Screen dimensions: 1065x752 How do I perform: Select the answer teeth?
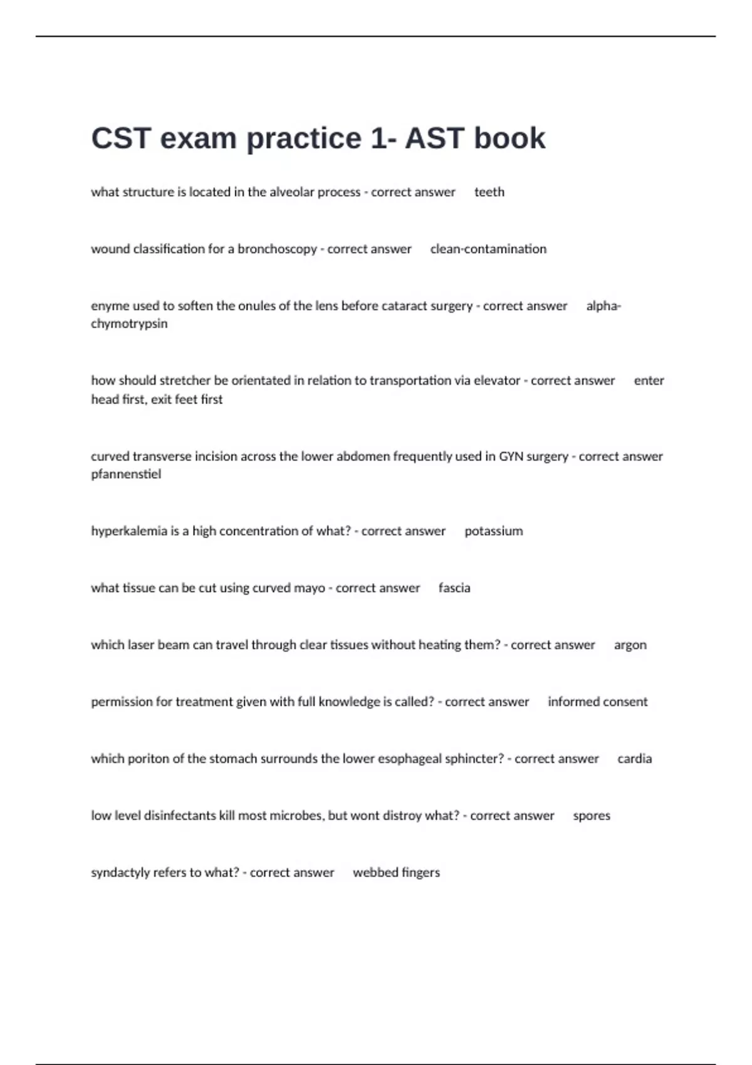click(489, 192)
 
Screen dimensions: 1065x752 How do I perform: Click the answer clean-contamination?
click(488, 249)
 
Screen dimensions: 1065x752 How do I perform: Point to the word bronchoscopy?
click(277, 249)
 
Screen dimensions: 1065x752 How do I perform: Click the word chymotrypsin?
click(129, 324)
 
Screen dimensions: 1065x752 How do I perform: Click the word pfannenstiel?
click(126, 474)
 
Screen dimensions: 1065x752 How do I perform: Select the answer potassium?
click(493, 531)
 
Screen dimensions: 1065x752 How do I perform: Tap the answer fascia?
click(454, 588)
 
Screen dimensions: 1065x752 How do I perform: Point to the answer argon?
click(630, 645)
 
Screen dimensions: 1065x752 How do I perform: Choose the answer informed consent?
click(597, 702)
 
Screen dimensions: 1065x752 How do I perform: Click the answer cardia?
click(634, 759)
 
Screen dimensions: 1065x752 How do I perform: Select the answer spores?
click(592, 816)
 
